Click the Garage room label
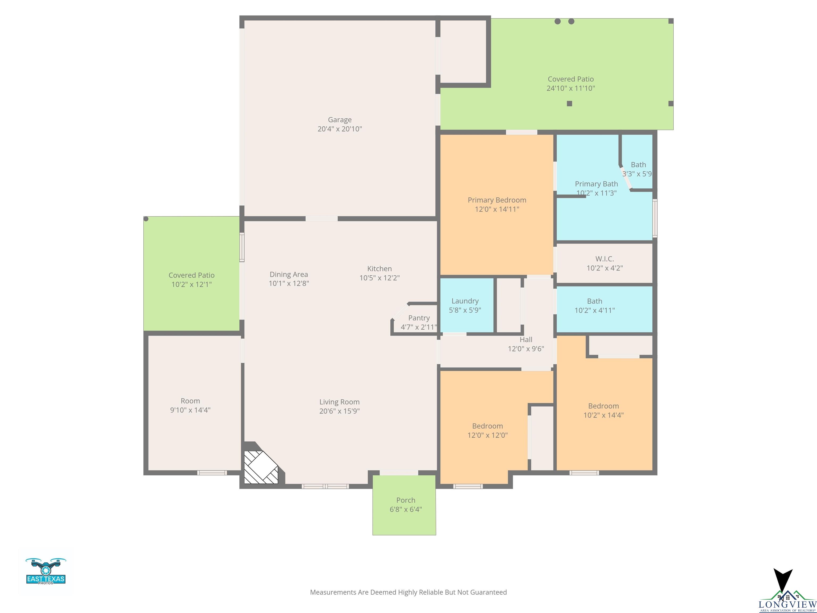pyautogui.click(x=340, y=120)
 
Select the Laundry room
pyautogui.click(x=467, y=305)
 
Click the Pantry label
pyautogui.click(x=419, y=318)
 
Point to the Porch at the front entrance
pyautogui.click(x=404, y=505)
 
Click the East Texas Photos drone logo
pyautogui.click(x=46, y=571)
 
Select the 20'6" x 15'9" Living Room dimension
pyautogui.click(x=339, y=411)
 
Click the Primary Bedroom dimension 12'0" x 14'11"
pyautogui.click(x=497, y=209)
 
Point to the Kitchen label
pyautogui.click(x=379, y=269)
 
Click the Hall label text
pyautogui.click(x=526, y=339)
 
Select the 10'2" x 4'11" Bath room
pyautogui.click(x=604, y=309)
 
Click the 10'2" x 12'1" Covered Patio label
pyautogui.click(x=191, y=280)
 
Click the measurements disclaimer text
pyautogui.click(x=408, y=592)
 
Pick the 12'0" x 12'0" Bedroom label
pyautogui.click(x=487, y=430)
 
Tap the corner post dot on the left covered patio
pyautogui.click(x=146, y=219)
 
